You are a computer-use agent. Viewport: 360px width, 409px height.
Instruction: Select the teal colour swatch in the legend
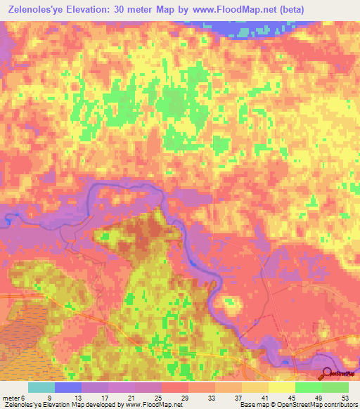41,387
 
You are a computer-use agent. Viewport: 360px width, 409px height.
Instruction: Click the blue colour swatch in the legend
68,387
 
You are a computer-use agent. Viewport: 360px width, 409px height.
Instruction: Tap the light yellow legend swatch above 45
281,387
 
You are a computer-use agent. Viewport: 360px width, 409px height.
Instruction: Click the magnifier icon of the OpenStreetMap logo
328,374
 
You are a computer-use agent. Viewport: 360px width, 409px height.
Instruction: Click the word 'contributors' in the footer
340,405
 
